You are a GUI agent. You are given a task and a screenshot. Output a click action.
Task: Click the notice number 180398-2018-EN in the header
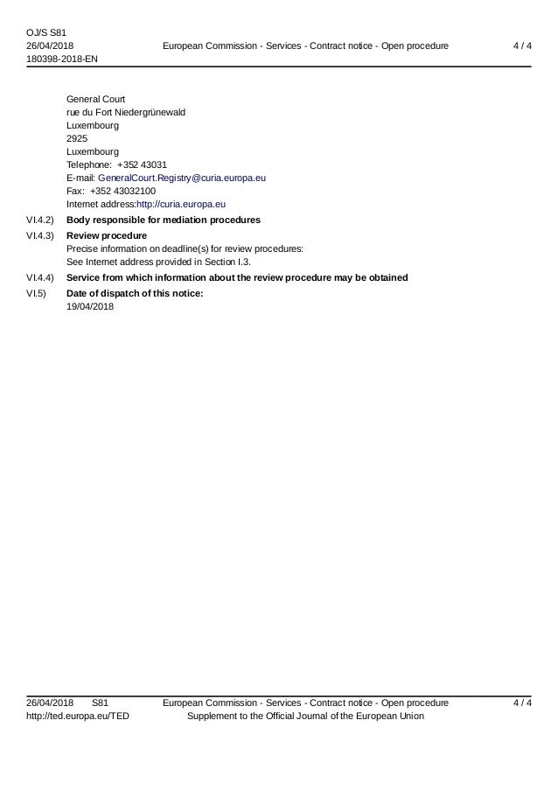[x=62, y=58]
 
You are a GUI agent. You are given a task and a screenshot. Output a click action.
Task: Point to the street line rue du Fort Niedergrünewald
[x=125, y=112]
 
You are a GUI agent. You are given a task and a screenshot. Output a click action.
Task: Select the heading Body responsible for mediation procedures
[x=163, y=219]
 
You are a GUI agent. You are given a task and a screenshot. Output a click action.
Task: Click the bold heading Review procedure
[x=107, y=236]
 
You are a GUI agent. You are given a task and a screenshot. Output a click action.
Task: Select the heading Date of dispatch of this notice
[x=135, y=294]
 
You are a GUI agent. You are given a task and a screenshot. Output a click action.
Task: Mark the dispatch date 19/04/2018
[x=90, y=307]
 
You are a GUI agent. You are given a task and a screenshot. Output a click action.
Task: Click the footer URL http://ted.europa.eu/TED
[x=77, y=717]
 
